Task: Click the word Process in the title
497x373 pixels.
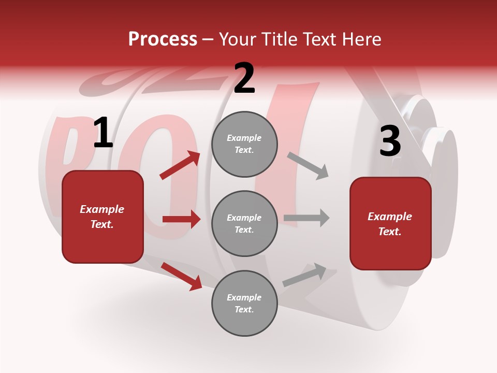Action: pos(163,39)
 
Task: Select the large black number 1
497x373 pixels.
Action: pos(103,133)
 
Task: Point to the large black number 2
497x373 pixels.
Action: pos(244,79)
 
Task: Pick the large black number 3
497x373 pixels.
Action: pos(390,141)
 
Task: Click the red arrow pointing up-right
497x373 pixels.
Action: pos(180,165)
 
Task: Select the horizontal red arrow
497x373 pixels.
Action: pos(181,219)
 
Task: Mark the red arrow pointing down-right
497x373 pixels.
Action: pos(182,276)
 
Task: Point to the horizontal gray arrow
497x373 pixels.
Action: pos(306,218)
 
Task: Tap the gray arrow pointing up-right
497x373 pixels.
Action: pos(305,275)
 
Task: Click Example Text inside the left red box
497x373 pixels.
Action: pos(103,217)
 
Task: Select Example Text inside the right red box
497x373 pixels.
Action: pos(390,224)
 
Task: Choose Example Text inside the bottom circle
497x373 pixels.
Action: pos(244,304)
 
